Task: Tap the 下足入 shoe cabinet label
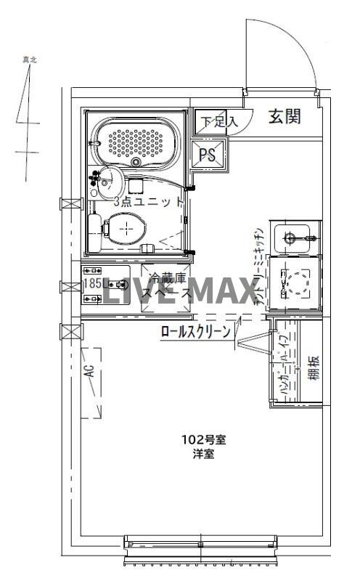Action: (218, 122)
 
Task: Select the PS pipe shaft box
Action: (207, 154)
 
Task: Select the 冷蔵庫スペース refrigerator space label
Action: (167, 286)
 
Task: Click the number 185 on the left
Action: (92, 284)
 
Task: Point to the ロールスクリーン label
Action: (195, 333)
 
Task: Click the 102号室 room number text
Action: (203, 439)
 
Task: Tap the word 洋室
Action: (203, 454)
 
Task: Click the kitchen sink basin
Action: (296, 236)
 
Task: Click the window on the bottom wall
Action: (201, 549)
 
